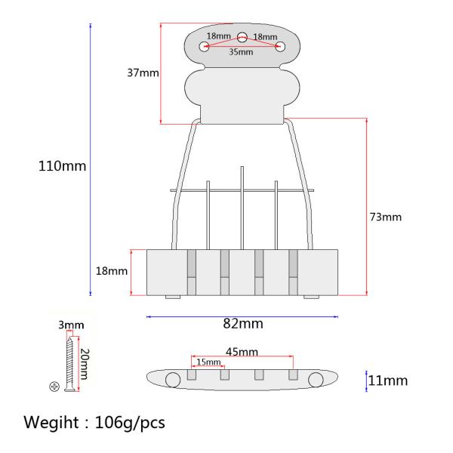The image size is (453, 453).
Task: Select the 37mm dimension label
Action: point(143,73)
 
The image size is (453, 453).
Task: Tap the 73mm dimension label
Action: point(386,217)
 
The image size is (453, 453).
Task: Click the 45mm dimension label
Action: point(242,352)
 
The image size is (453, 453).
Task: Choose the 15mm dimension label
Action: point(208,362)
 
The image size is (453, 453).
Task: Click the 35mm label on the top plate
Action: point(242,53)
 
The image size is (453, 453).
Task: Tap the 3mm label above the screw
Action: point(71,325)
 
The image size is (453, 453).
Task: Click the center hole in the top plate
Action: point(242,36)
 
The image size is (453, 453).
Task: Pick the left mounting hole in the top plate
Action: point(205,47)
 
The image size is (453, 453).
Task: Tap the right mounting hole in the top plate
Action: point(280,47)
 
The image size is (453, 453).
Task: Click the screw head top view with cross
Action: point(54,387)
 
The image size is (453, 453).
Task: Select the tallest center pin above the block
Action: point(242,204)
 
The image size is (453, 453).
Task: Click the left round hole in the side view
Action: point(173,379)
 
